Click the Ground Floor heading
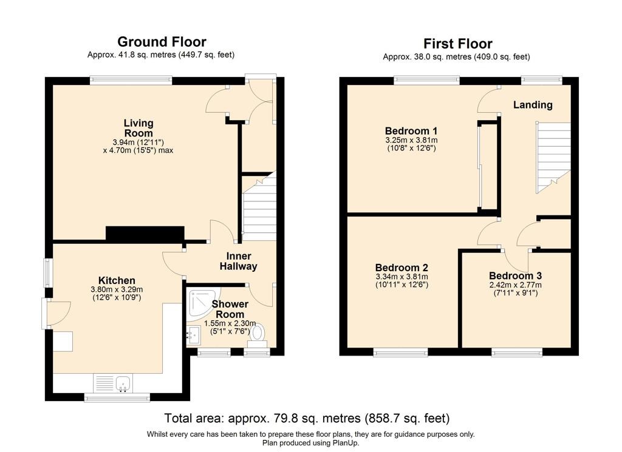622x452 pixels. tap(162, 42)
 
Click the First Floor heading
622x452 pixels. tap(458, 43)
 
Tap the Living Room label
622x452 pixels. tap(138, 128)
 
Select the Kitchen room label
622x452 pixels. tap(117, 280)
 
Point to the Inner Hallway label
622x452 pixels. tap(238, 261)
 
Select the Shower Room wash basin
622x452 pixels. tap(194, 336)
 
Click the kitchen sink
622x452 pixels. tap(123, 383)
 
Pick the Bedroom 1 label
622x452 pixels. tap(411, 130)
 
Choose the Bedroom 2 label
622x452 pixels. tap(402, 268)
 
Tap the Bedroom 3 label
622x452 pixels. tap(515, 275)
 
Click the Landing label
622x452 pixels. tap(533, 104)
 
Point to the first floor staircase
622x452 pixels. tap(553, 157)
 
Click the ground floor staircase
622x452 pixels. tap(259, 206)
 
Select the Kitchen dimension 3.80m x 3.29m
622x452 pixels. tap(117, 289)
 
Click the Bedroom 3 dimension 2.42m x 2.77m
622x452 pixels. tap(515, 285)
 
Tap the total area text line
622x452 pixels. tap(307, 418)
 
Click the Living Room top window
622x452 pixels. tap(131, 81)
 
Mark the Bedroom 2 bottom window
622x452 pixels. tap(401, 352)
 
